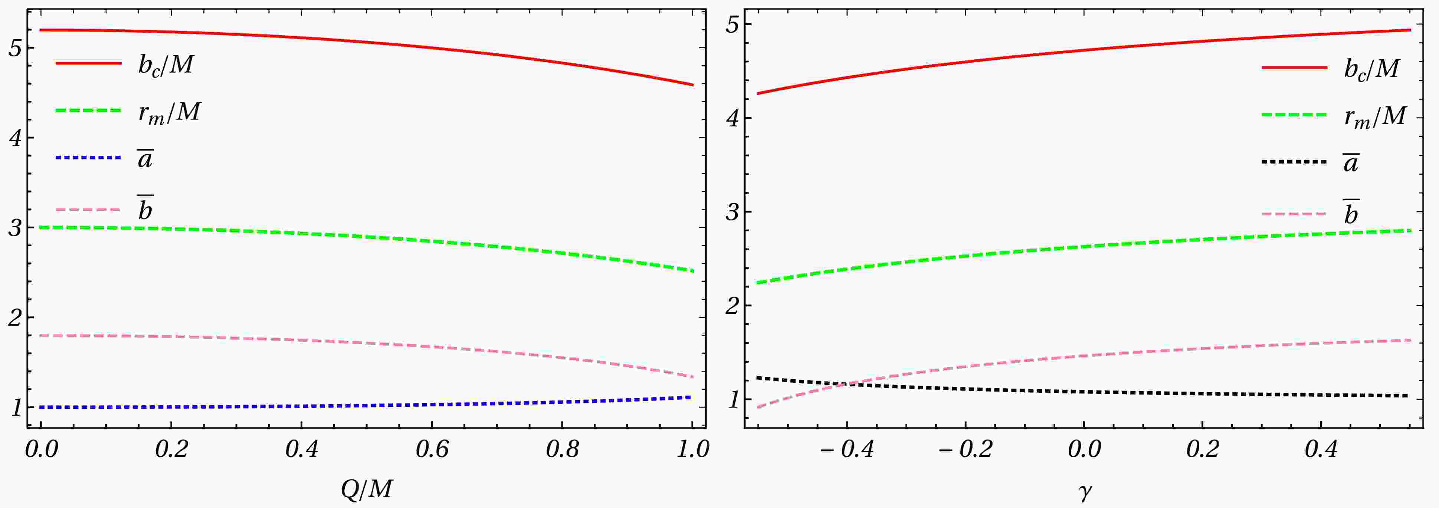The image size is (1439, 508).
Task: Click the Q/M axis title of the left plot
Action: (367, 489)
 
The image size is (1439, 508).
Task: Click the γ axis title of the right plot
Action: (1084, 492)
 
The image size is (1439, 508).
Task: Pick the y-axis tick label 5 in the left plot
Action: (15, 49)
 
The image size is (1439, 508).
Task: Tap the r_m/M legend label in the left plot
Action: (169, 113)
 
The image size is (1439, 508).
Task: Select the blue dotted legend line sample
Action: (88, 158)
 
